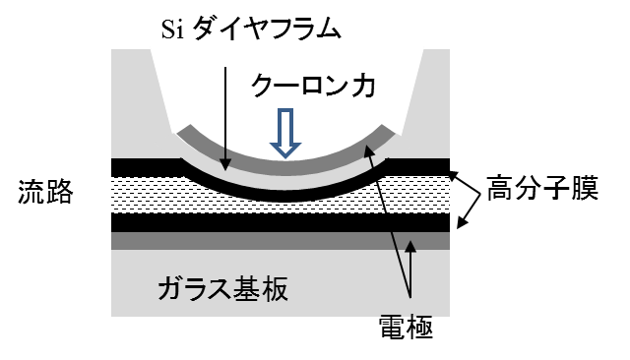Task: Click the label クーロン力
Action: tap(313, 86)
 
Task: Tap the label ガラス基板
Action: tap(223, 290)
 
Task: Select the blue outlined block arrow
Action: tap(285, 134)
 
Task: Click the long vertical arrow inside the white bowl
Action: tap(225, 118)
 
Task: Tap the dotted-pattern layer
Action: tap(157, 194)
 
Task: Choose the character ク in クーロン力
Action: tap(265, 86)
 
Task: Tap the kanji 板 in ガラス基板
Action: tap(274, 290)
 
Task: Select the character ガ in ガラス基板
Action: tap(172, 290)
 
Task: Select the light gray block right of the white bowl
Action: tap(433, 98)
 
